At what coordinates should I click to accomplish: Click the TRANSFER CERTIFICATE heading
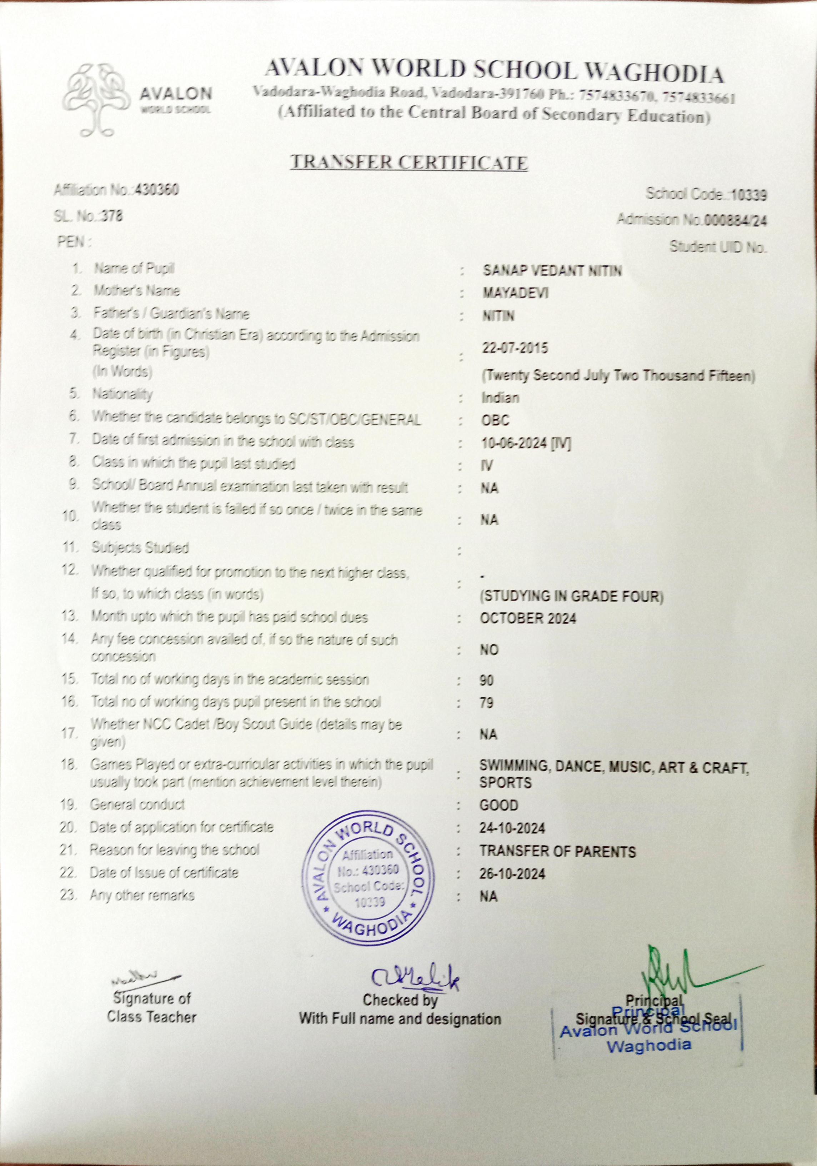pos(409,163)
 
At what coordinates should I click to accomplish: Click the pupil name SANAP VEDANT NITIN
pos(552,271)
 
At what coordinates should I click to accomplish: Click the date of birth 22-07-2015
pos(515,348)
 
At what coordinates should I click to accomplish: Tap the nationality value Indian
pos(501,398)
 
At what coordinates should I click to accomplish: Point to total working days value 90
pos(486,681)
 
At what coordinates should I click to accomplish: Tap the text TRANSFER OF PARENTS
pos(557,852)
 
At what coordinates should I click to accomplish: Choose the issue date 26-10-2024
pos(512,874)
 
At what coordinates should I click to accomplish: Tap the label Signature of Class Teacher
pos(151,1007)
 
